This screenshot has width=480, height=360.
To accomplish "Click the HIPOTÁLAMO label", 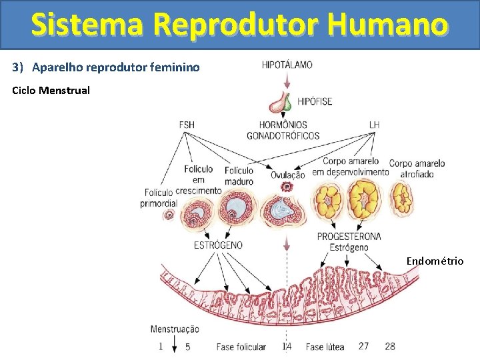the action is tap(287, 65).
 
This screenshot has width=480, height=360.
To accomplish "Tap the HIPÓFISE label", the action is tap(314, 102).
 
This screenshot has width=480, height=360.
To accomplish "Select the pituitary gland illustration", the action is tap(281, 103).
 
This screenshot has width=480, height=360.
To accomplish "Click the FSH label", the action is tap(187, 125).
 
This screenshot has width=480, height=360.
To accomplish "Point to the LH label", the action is tap(374, 125).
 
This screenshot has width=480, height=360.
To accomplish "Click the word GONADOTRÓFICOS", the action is tap(283, 136).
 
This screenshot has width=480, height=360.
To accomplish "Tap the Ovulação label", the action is tap(287, 175).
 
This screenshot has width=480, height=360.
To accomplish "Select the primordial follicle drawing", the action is tap(169, 215).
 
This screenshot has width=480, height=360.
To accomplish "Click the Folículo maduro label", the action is tap(239, 175).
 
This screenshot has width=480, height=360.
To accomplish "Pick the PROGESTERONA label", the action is tap(349, 236).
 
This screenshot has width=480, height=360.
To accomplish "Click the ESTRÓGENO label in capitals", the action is tap(218, 245).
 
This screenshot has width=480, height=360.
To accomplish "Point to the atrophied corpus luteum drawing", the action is tap(401, 197).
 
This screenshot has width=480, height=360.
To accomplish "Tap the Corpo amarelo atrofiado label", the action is tap(417, 169).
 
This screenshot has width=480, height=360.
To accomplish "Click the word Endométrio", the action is tap(435, 261).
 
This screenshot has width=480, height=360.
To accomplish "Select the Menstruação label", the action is tap(175, 329).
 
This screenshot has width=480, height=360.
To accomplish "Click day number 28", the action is tap(390, 346).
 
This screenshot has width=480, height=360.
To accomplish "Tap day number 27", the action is tap(363, 346).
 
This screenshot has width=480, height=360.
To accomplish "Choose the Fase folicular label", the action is tap(241, 347).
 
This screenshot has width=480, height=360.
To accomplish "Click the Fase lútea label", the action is tap(325, 347).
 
